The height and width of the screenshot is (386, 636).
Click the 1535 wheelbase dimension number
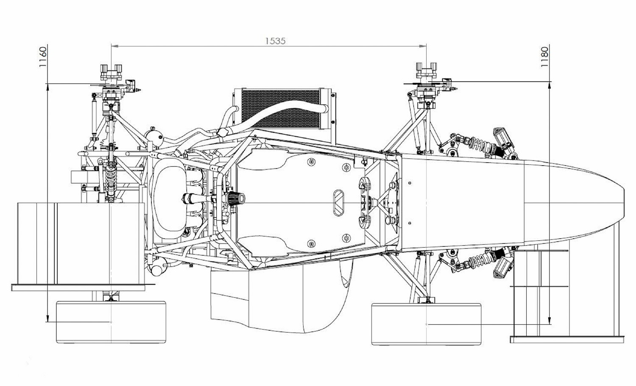[x=275, y=41]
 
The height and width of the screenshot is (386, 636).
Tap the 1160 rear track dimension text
[x=42, y=57]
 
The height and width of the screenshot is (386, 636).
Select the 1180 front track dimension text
[x=544, y=57]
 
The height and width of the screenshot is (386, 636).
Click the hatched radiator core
[x=281, y=108]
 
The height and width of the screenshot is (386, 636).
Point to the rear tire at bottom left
[x=111, y=322]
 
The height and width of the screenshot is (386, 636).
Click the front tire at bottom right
[x=426, y=324]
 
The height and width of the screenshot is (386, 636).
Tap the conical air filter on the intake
[x=235, y=198]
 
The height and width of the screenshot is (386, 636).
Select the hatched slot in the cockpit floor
[x=339, y=203]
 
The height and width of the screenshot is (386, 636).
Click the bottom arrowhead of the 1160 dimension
[x=47, y=318]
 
